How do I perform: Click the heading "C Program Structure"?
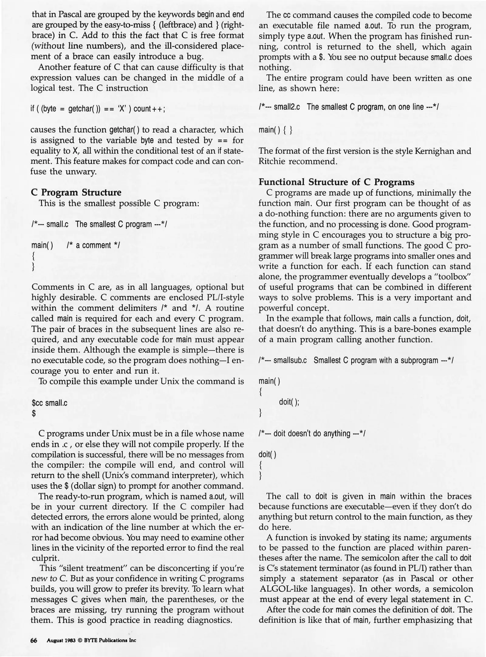click(76, 193)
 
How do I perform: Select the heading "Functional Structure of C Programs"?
click(336, 182)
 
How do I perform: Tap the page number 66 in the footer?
click(34, 640)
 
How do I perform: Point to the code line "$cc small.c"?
click(50, 403)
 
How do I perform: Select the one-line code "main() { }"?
click(276, 130)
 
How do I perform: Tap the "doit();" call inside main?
click(289, 402)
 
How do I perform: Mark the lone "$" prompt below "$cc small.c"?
click(34, 414)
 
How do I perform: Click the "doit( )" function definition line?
click(267, 454)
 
